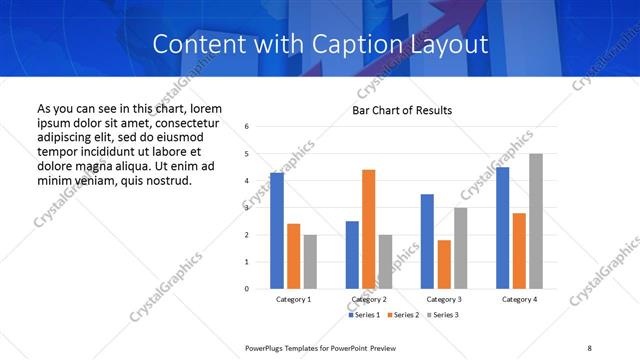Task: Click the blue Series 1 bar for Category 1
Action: tap(277, 231)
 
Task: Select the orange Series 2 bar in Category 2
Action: tap(368, 229)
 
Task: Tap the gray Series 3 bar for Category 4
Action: tap(536, 221)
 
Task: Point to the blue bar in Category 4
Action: tap(502, 228)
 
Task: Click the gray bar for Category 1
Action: tap(310, 262)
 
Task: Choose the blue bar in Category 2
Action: tap(352, 255)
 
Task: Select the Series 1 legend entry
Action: tap(364, 315)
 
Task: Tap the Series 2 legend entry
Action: tap(402, 315)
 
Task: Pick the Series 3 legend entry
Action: tap(440, 315)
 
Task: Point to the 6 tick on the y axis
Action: tap(246, 127)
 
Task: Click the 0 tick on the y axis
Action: tap(246, 289)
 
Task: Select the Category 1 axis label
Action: tap(293, 299)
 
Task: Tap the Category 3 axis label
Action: tap(444, 299)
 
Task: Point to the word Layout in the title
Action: tap(452, 45)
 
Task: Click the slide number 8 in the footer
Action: tap(589, 347)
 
